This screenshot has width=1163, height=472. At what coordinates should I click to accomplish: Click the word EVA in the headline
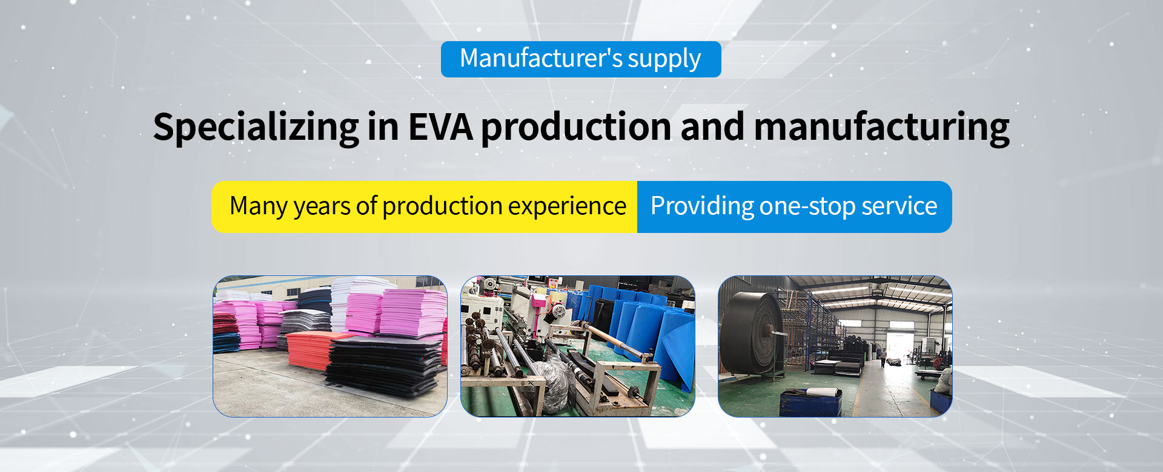point(440,126)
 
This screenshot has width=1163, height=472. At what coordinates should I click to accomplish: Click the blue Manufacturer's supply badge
point(581,59)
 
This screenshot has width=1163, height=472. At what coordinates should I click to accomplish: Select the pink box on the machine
point(537,300)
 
